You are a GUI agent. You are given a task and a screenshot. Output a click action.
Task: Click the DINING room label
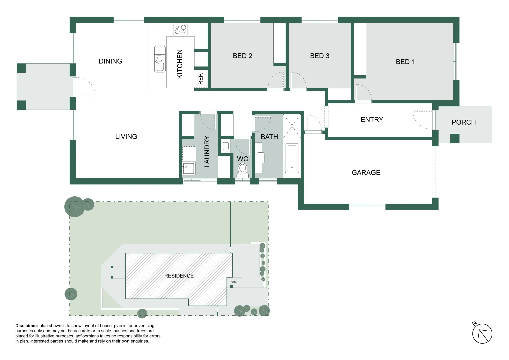[x=110, y=61]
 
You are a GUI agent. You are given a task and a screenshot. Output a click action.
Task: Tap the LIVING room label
[x=126, y=137]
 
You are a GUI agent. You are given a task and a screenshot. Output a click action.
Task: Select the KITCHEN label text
[x=180, y=64]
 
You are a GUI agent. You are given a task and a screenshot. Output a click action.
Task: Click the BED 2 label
[x=242, y=56]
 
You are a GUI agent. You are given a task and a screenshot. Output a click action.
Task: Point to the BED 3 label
[x=319, y=56]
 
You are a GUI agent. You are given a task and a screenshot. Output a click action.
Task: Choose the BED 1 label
[x=405, y=62]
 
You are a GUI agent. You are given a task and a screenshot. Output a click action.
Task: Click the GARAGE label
[x=366, y=173]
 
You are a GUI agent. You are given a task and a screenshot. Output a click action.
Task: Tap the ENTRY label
[x=372, y=120]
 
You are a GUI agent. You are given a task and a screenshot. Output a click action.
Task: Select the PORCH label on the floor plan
[x=463, y=122]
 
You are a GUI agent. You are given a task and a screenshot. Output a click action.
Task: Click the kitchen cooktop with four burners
[x=180, y=30]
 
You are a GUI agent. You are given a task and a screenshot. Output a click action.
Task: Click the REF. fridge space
[x=200, y=79]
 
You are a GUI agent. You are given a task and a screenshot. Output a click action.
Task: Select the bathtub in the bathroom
[x=292, y=158]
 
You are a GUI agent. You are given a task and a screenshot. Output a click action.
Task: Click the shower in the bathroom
[x=292, y=126]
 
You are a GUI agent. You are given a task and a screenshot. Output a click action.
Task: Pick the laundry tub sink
[x=188, y=168]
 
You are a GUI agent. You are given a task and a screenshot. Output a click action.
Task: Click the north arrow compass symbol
[x=482, y=333]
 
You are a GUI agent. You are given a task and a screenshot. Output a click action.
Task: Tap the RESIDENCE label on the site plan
[x=179, y=276]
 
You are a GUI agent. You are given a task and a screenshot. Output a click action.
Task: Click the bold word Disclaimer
[x=27, y=326]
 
